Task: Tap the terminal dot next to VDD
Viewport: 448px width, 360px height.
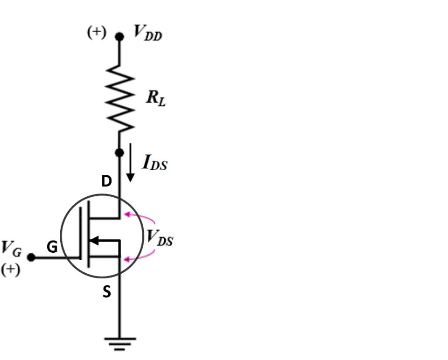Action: point(119,36)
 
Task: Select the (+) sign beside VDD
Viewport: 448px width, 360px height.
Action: point(97,33)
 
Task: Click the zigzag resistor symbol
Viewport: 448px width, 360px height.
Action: point(119,97)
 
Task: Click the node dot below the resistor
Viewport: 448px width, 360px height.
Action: point(119,152)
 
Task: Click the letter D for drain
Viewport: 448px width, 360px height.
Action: point(106,182)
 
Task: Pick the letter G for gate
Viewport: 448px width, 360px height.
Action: point(52,248)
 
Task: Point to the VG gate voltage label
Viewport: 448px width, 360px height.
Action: point(11,248)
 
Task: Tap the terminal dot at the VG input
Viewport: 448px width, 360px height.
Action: point(31,257)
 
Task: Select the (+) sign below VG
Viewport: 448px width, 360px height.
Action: point(10,270)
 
